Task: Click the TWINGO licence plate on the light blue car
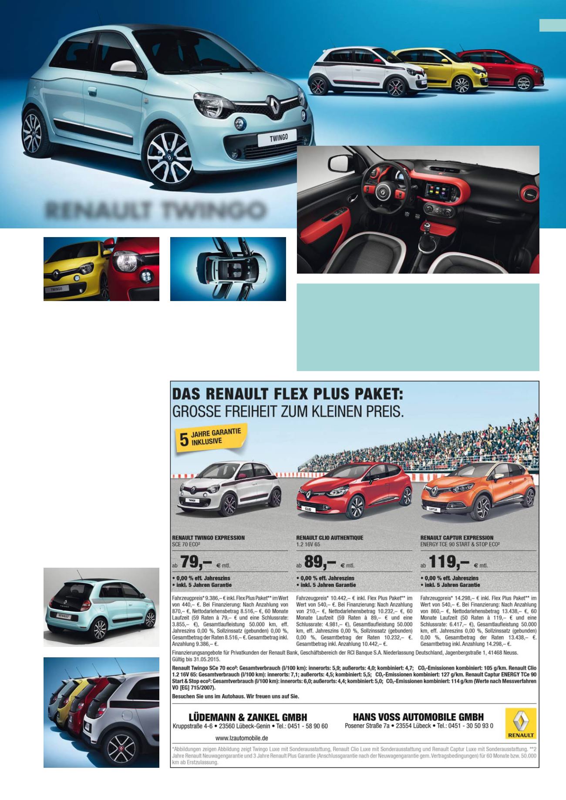pyautogui.click(x=276, y=139)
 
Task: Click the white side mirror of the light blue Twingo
pyautogui.click(x=125, y=66)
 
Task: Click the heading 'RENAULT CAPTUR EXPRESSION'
pyautogui.click(x=457, y=538)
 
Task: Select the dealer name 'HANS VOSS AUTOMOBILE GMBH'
pyautogui.click(x=418, y=716)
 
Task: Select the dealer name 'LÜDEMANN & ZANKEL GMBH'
pyautogui.click(x=248, y=717)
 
